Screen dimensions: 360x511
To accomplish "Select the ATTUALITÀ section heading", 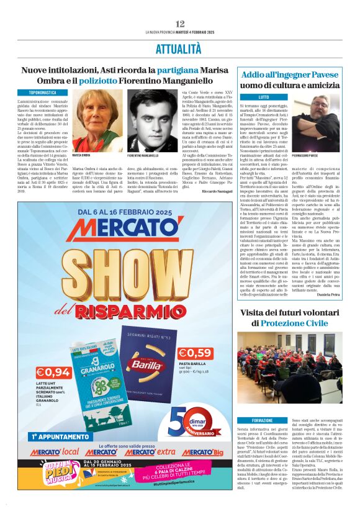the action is click(180, 48).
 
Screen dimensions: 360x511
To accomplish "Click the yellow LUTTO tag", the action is click(263, 97).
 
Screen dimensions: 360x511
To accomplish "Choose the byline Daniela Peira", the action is click(327, 294).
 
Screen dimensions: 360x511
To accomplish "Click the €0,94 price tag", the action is click(53, 372).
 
